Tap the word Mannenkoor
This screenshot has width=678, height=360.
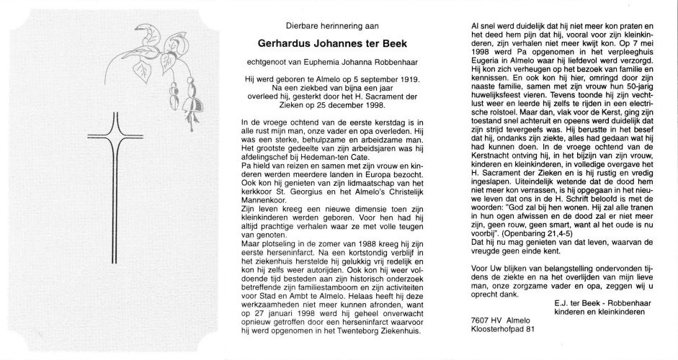(x=264, y=215)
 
